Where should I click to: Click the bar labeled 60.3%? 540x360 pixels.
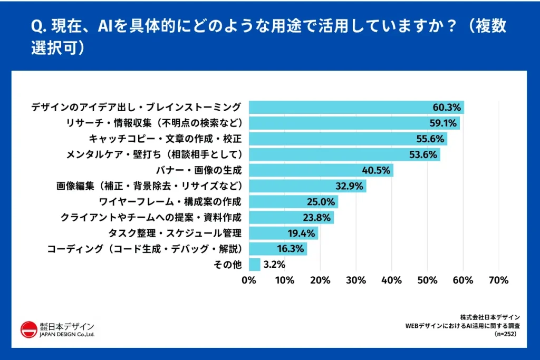tap(356, 108)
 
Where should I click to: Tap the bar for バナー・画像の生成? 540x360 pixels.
tap(321, 170)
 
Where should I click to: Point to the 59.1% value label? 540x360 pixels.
tap(445, 123)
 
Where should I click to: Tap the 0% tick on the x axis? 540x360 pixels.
tap(249, 280)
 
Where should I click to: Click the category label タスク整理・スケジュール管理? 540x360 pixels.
tap(175, 233)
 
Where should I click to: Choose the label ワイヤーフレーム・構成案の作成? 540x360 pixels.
tap(170, 202)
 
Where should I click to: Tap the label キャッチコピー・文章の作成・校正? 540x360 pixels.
tap(165, 139)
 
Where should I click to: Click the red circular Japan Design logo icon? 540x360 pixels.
tap(28, 329)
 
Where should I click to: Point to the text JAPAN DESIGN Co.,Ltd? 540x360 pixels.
tap(67, 335)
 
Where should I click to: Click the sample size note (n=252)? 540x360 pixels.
tap(507, 334)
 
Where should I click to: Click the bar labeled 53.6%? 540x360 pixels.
tap(344, 154)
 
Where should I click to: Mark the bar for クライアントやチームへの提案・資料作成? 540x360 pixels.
tap(291, 218)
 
